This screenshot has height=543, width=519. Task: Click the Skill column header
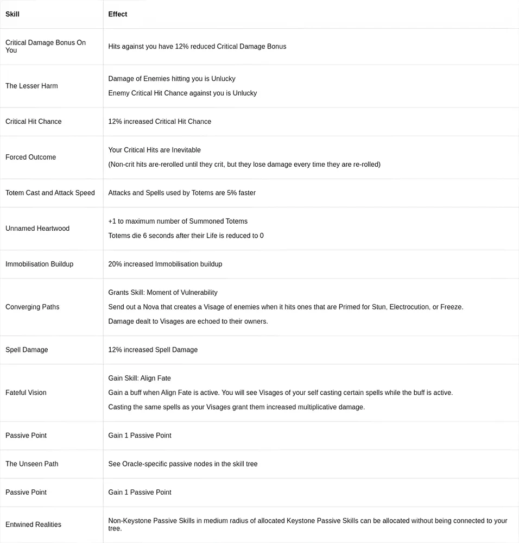pos(12,14)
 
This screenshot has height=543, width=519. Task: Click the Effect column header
pos(118,14)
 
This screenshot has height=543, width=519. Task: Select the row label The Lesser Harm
pos(31,86)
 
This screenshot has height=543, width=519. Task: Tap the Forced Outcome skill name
pos(30,157)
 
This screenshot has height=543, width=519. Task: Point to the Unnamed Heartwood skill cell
pos(37,229)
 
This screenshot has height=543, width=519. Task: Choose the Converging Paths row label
pos(32,307)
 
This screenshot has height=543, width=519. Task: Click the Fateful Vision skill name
pos(26,393)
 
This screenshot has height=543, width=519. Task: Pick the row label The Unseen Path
pos(31,464)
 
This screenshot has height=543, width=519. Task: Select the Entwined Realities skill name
pos(33,525)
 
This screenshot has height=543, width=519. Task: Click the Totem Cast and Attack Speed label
pos(50,193)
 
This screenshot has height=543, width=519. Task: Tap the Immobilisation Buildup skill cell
pos(39,264)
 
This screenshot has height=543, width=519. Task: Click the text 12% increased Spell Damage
pos(153,350)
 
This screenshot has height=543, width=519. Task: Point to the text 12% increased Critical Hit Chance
pos(160,122)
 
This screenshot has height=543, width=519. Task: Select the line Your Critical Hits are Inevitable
pos(154,150)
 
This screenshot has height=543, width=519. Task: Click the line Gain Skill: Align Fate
pos(140,378)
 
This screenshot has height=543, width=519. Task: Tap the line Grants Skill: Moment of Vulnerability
pos(162,293)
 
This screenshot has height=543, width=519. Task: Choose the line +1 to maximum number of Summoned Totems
pos(178,221)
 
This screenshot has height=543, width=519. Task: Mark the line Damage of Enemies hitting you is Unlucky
pos(172,79)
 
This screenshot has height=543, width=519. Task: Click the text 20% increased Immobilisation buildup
pos(165,264)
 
